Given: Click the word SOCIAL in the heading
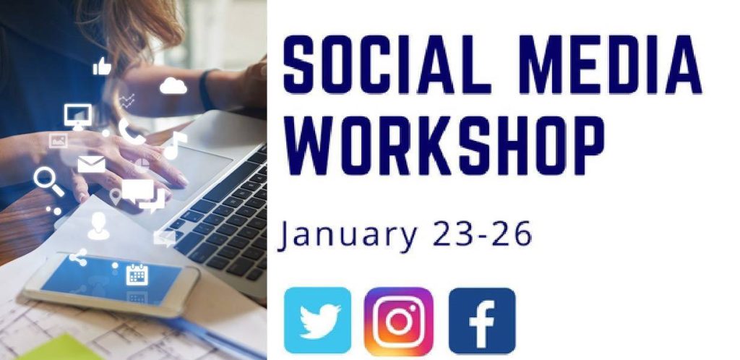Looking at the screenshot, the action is point(380,64).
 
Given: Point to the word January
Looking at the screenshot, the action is point(348,234).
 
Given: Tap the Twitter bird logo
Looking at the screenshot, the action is point(318,320).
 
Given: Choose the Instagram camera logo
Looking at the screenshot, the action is point(399,321).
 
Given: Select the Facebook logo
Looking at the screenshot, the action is point(482,321).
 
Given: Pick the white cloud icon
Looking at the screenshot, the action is point(173,86).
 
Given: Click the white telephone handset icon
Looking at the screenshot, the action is point(132,131).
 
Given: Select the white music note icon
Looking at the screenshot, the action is point(174,145).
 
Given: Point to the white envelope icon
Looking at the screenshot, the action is point(92,164).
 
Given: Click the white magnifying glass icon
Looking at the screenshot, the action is point(48,181).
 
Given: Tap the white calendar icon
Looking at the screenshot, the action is point(137,275).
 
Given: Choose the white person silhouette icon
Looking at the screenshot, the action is point(98,226).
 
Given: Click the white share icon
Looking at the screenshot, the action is point(78,257).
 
